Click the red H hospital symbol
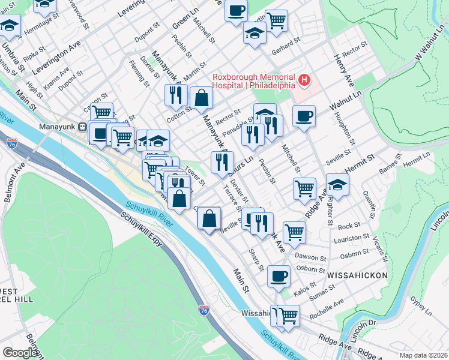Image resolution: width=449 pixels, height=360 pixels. tap(305, 79)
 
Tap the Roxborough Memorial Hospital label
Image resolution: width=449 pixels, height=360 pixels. tap(253, 81)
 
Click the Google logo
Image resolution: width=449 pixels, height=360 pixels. tap(20, 352)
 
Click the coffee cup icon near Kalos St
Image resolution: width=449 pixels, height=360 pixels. tap(279, 276)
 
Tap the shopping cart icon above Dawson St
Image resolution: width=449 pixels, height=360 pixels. tap(294, 232)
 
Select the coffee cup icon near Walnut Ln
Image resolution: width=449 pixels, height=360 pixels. tap(304, 116)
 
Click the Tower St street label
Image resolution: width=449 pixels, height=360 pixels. tap(195, 175)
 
